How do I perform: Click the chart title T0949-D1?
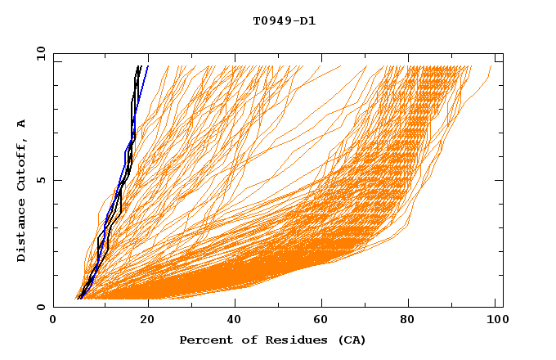284,21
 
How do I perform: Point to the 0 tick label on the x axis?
53,321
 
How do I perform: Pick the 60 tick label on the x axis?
323,321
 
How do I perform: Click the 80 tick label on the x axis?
413,321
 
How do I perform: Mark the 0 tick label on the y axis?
41,308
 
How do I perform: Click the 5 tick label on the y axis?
41,181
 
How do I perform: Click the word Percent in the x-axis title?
203,340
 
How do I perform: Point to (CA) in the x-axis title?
350,340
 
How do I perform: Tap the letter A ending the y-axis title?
22,123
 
